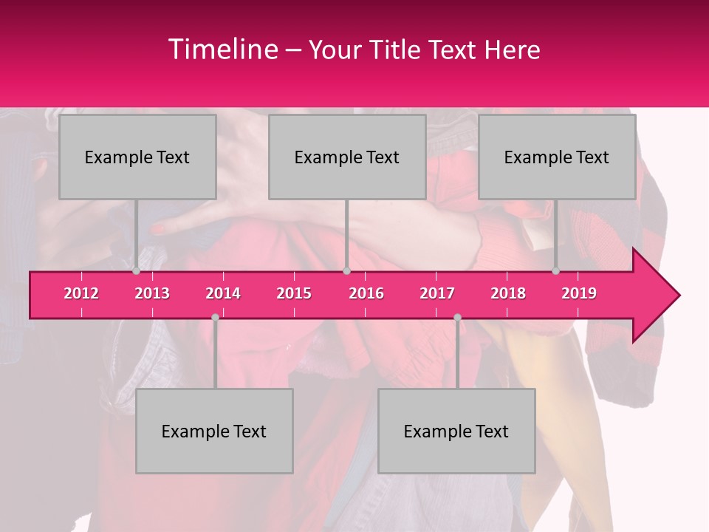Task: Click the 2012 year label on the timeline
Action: tap(81, 293)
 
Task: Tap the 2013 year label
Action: tap(152, 293)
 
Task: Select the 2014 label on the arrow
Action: tap(223, 293)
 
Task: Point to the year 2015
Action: tap(294, 293)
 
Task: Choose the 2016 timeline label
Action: tap(366, 293)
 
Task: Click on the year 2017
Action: tap(437, 293)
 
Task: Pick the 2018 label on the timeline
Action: tap(508, 293)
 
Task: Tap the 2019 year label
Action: tap(579, 293)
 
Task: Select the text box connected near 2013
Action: tap(137, 157)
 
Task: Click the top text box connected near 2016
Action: tap(347, 157)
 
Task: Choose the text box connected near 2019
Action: tap(557, 157)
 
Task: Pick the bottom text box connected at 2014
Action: tap(214, 431)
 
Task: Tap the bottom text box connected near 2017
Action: tap(456, 431)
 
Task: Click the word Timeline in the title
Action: tap(222, 50)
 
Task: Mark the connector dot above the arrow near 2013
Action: tap(137, 271)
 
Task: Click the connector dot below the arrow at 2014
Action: tap(215, 318)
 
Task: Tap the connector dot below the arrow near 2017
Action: tap(457, 318)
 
